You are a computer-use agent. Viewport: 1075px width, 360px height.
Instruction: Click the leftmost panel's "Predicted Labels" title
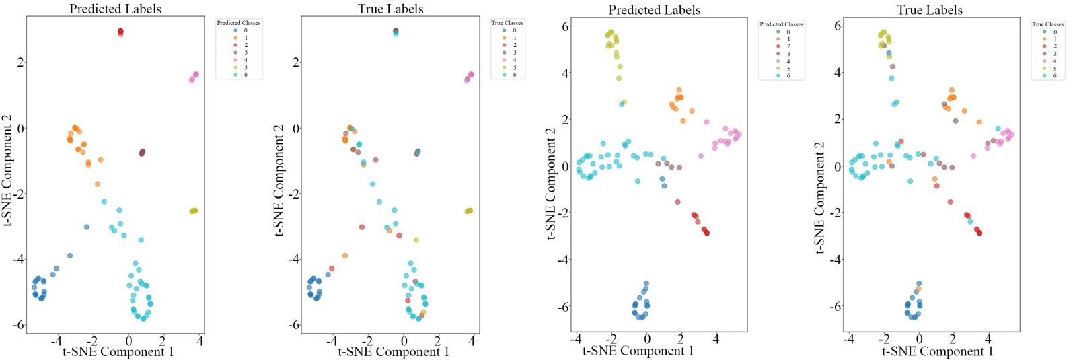coord(115,9)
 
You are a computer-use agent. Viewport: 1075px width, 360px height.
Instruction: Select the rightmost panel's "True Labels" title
coord(929,10)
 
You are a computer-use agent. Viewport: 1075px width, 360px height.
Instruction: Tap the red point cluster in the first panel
coord(120,32)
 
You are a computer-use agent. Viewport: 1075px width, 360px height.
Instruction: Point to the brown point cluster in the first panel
coord(142,153)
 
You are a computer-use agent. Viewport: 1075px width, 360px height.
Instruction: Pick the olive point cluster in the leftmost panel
coord(194,211)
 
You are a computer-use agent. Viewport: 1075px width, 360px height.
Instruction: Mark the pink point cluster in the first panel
coord(194,77)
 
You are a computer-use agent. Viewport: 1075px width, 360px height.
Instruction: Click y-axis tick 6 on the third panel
coord(566,26)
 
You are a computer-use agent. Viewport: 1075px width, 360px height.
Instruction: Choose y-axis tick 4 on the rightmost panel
coord(838,73)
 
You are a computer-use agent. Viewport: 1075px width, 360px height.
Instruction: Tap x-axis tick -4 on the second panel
coord(332,341)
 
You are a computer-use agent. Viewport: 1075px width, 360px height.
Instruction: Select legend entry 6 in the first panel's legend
coord(246,75)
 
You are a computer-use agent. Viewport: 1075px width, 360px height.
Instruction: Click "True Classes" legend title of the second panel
coord(507,23)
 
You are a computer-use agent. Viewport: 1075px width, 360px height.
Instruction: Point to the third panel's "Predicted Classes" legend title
coord(781,24)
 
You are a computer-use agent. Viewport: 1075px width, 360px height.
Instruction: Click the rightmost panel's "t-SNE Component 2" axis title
coord(819,197)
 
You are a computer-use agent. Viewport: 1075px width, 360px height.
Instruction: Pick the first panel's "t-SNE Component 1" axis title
coord(118,352)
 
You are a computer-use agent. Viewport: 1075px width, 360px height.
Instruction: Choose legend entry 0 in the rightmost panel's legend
coord(1055,32)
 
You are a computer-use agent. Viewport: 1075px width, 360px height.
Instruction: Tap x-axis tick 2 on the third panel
coord(681,340)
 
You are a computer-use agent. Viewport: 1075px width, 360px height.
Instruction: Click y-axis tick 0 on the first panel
coord(20,129)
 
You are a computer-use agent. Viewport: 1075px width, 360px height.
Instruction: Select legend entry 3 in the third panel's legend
coord(788,54)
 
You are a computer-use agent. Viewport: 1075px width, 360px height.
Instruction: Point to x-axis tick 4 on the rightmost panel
coord(988,340)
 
